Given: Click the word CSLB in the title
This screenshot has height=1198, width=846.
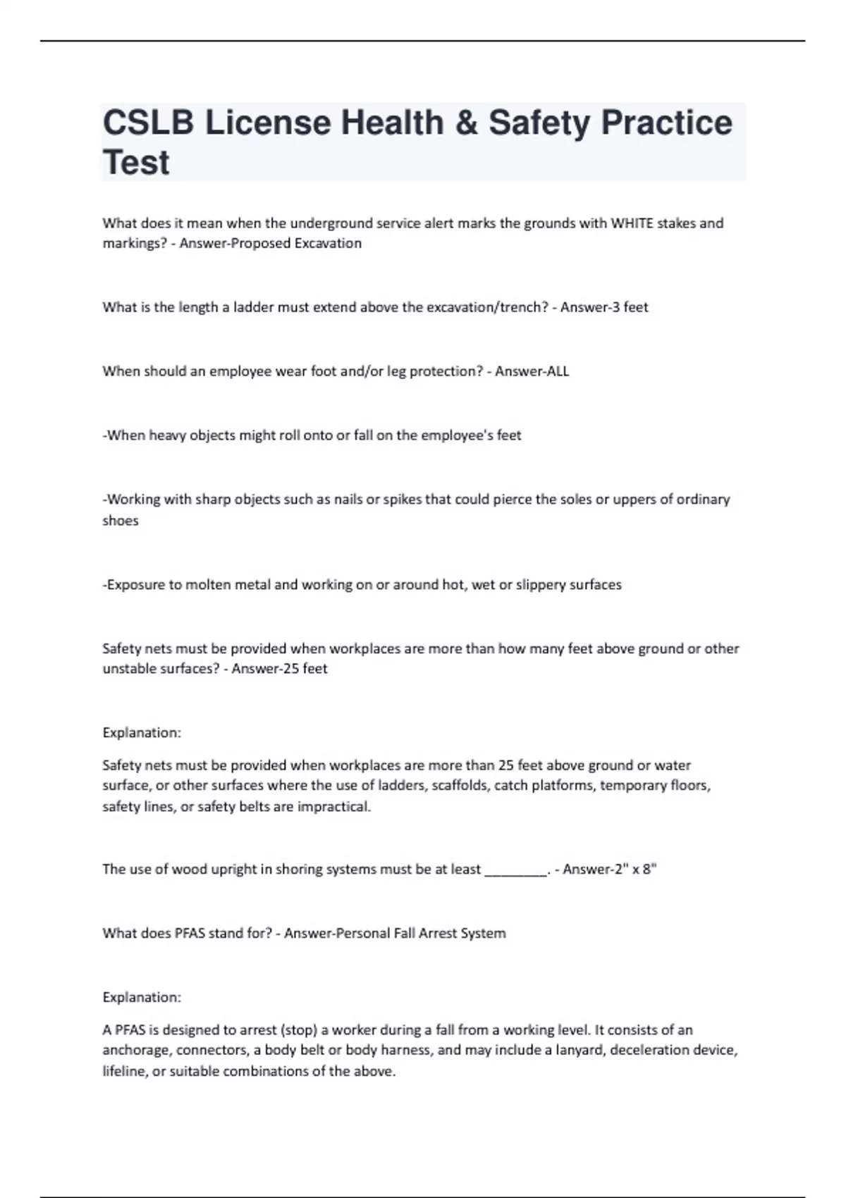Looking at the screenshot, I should pos(147,123).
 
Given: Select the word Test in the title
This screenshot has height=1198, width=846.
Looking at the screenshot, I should pos(136,163).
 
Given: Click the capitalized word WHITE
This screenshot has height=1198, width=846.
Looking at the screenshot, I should pos(632,223).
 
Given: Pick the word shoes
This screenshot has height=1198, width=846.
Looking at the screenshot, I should pos(121,521).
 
